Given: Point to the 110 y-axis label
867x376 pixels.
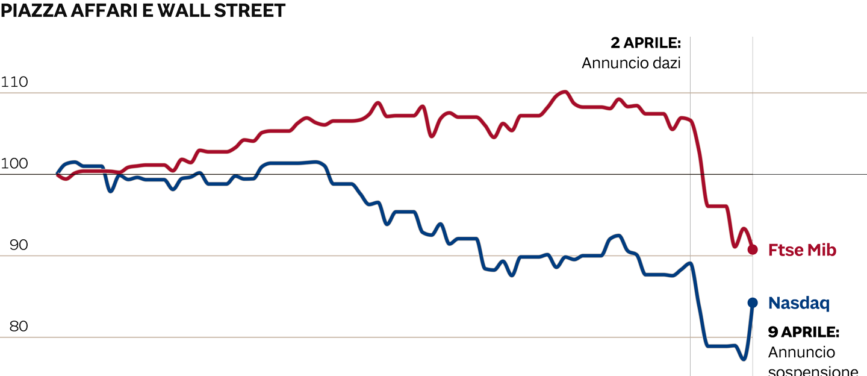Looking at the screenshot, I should (x=14, y=82).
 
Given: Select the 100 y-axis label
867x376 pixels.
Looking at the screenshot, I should (x=14, y=164).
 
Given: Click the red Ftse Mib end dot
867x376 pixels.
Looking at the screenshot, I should (x=753, y=249).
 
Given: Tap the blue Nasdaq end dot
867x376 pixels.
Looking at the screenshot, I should (x=753, y=302).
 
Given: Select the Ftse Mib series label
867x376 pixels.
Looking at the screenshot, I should (x=802, y=250).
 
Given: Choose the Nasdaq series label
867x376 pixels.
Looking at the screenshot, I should (x=798, y=303).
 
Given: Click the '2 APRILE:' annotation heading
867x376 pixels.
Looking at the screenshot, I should (x=645, y=43).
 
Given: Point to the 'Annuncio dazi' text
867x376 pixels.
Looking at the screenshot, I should (x=631, y=63).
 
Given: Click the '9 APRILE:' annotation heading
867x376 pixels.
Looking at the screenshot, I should (x=803, y=332).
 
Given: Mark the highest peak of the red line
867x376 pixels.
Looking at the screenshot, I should (x=564, y=92).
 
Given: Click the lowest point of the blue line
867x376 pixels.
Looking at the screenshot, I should (x=744, y=359).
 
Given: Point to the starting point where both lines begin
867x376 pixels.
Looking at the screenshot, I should (x=58, y=174).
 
